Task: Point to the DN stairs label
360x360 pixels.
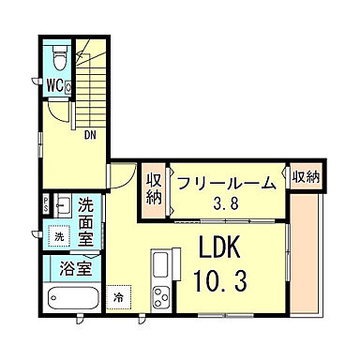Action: click(91, 134)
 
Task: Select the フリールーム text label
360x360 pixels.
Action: click(224, 182)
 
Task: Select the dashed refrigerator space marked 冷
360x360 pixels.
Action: click(119, 298)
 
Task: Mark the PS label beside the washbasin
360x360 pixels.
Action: click(47, 202)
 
